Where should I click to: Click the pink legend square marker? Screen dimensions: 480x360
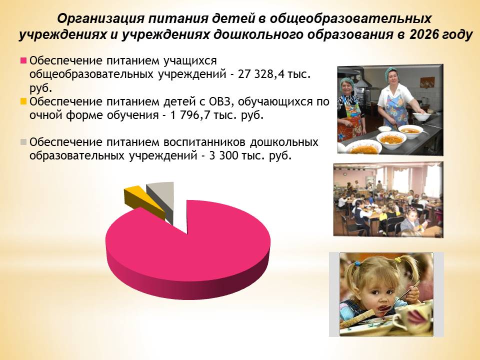tap(23, 60)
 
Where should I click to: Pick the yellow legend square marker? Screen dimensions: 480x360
tap(23, 101)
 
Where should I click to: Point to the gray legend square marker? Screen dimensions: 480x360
tap(23, 142)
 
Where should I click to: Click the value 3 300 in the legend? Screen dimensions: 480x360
tap(223, 156)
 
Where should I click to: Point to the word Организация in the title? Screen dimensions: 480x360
tap(100, 19)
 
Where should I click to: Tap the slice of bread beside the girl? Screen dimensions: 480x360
tap(356, 319)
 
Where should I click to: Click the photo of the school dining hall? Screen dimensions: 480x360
tap(388, 199)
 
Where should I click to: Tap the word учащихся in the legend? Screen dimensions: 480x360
tap(190, 61)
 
